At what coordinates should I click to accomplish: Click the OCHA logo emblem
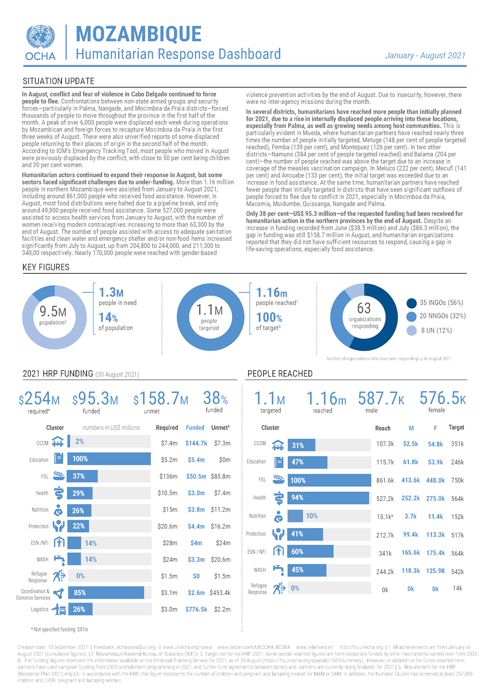(40, 37)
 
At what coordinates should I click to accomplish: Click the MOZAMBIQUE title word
(138, 34)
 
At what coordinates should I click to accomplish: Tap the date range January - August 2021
(425, 56)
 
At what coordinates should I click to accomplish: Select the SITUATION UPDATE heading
(58, 81)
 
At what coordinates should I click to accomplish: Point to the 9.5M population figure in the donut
(53, 311)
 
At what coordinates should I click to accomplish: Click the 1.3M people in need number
(111, 293)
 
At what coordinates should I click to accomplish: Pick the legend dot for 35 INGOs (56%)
(411, 303)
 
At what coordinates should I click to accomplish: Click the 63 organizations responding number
(364, 309)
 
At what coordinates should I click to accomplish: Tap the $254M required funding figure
(39, 399)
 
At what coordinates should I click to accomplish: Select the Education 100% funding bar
(109, 459)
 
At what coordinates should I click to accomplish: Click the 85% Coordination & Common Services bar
(106, 592)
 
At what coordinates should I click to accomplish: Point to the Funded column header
(195, 427)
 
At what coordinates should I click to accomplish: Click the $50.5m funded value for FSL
(196, 476)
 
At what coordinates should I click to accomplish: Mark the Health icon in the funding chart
(58, 493)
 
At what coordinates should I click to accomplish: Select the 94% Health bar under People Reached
(328, 498)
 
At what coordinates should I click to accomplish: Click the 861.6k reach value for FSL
(385, 480)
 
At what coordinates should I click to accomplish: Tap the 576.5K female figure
(442, 398)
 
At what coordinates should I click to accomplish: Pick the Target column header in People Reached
(456, 427)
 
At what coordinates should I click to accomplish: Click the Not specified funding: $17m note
(59, 629)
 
